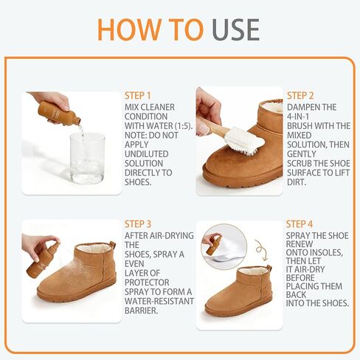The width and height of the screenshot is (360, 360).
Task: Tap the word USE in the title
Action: click(x=236, y=29)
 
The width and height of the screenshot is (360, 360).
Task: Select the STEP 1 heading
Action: click(x=138, y=96)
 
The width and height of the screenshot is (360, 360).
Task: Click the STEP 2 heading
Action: click(x=301, y=96)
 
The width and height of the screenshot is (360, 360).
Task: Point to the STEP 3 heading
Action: click(x=138, y=224)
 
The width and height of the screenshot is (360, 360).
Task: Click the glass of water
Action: click(x=87, y=157)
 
